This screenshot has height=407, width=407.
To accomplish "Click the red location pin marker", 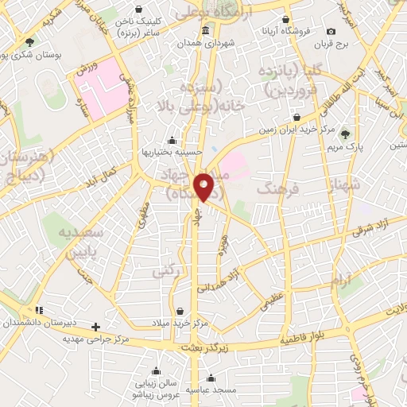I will pyautogui.click(x=204, y=186).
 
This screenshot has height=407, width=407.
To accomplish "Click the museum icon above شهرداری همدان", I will pyautogui.click(x=206, y=31).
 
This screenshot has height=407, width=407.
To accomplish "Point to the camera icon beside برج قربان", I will pyautogui.click(x=331, y=31).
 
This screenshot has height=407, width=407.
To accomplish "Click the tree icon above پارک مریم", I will pyautogui.click(x=344, y=134).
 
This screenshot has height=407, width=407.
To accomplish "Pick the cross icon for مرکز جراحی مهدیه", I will pyautogui.click(x=96, y=327).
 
